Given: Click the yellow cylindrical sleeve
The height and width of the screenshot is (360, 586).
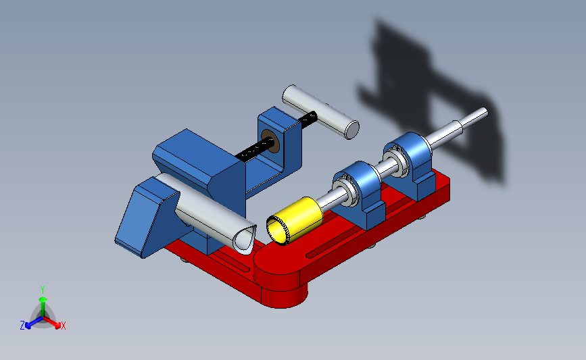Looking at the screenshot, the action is point(295,220).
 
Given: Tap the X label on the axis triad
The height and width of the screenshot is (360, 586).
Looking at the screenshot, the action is point(63,326).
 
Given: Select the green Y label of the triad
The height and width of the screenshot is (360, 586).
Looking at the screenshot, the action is point(43,290).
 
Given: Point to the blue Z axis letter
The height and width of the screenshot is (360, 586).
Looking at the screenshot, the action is point(22,326).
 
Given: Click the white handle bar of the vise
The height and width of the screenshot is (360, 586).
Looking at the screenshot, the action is point(320,112).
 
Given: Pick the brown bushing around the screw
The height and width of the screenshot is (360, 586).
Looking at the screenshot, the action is point(270,141).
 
